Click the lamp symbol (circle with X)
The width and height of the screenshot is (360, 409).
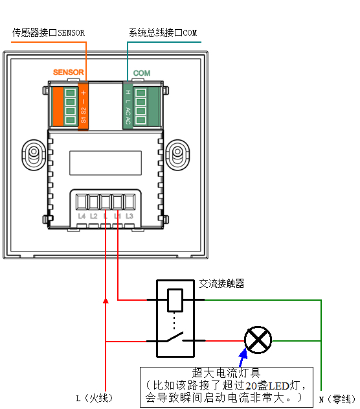coord(258,340)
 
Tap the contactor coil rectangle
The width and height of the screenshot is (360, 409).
coord(175,300)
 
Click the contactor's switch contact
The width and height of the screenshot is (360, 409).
coord(175,337)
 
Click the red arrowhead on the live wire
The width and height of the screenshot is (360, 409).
coord(106,301)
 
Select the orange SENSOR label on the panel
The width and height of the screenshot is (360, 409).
coord(69,72)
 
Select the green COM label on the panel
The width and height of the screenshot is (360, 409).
coord(142,73)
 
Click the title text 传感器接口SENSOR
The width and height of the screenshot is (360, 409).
coord(49,32)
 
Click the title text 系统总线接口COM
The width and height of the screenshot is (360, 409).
coord(163,32)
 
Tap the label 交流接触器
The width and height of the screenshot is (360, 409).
coord(221,283)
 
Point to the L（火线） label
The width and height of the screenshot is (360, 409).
coord(95,399)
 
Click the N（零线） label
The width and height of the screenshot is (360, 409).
coord(337,399)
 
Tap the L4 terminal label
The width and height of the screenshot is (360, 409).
coord(82,216)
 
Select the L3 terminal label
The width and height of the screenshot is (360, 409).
coord(129,216)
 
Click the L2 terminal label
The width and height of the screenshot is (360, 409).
coord(94,216)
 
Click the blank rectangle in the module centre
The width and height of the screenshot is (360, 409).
coord(106,163)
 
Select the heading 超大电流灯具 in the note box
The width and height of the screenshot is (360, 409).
coord(226,373)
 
